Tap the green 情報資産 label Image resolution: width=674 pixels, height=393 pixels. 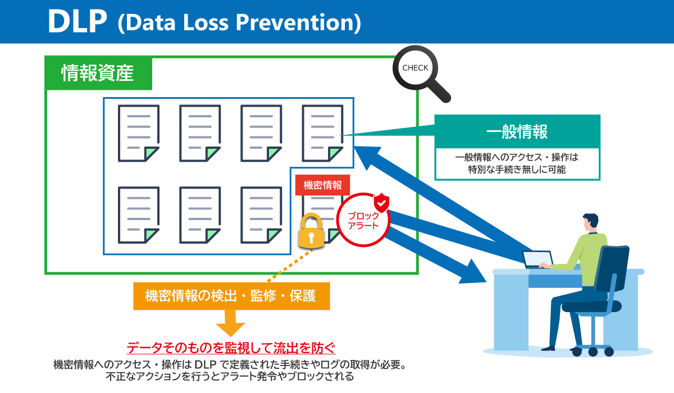click(x=98, y=73)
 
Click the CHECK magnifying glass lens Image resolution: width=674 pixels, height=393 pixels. click(x=415, y=68)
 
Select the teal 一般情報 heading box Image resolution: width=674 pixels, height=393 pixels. click(x=517, y=132)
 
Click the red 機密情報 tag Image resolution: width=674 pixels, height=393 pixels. click(x=322, y=185)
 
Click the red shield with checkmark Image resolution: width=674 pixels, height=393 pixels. click(x=381, y=202)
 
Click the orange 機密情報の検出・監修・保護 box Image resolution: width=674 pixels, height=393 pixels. click(x=231, y=295)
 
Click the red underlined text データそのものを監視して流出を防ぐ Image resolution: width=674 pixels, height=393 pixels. click(x=231, y=347)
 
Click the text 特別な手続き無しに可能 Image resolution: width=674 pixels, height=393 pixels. click(x=517, y=169)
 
